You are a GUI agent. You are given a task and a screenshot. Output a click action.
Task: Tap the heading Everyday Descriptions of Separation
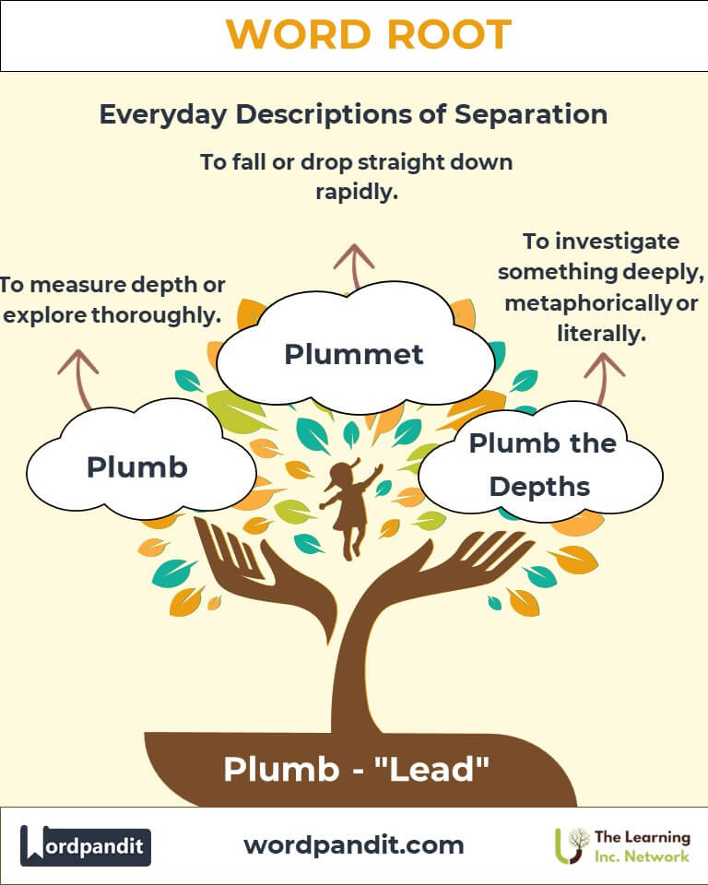pyautogui.click(x=353, y=114)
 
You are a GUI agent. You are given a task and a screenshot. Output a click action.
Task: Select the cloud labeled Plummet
pyautogui.click(x=354, y=353)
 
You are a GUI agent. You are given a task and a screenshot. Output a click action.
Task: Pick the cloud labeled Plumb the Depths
pyautogui.click(x=542, y=464)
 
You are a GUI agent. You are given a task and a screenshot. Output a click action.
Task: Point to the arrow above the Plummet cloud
pyautogui.click(x=348, y=265)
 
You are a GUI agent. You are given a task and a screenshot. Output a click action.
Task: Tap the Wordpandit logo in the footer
pyautogui.click(x=86, y=845)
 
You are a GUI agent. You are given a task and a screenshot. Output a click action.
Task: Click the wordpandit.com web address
pyautogui.click(x=354, y=844)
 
